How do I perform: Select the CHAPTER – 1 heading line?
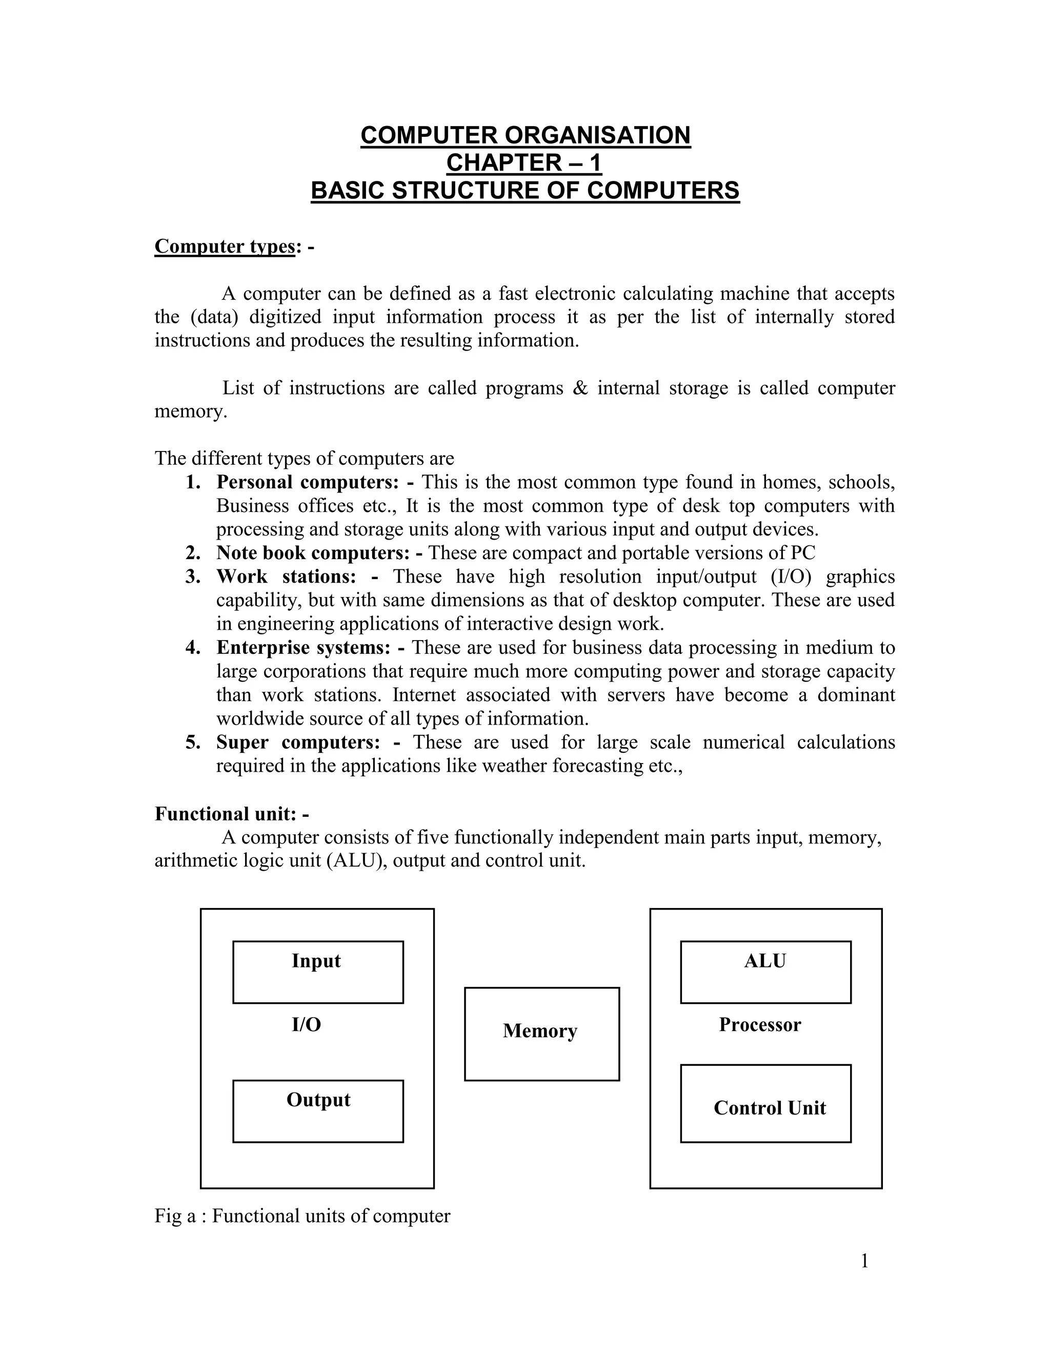click(x=524, y=163)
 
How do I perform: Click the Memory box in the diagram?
click(x=541, y=1034)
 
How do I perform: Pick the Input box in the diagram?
click(x=317, y=971)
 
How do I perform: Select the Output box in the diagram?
click(x=317, y=1110)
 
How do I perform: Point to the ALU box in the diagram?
click(x=765, y=971)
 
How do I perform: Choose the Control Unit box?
click(x=765, y=1103)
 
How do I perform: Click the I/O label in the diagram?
click(x=306, y=1025)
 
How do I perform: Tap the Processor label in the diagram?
click(x=759, y=1025)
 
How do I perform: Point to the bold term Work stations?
click(x=286, y=577)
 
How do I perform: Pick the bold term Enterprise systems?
click(x=302, y=648)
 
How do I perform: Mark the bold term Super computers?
click(x=298, y=743)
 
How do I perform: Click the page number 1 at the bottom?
click(x=864, y=1261)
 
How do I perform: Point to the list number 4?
click(x=192, y=648)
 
